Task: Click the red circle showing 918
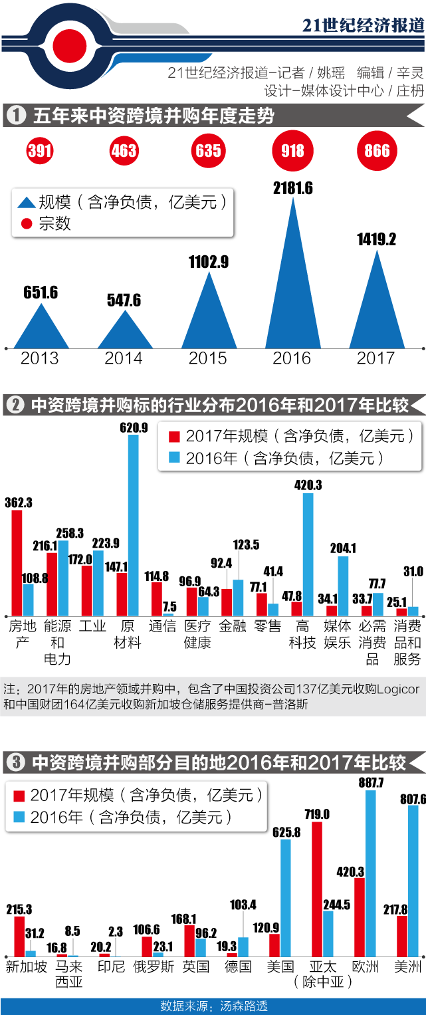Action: pyautogui.click(x=292, y=151)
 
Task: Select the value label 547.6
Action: pyautogui.click(x=124, y=300)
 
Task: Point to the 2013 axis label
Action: pyautogui.click(x=40, y=358)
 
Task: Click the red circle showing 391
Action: pyautogui.click(x=40, y=151)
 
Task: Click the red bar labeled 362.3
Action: pyautogui.click(x=17, y=562)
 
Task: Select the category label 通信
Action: pyautogui.click(x=162, y=626)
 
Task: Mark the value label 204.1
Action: pyautogui.click(x=343, y=548)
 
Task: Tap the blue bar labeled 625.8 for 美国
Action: pyautogui.click(x=286, y=897)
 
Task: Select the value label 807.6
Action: pyautogui.click(x=413, y=800)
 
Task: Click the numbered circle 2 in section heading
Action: pyautogui.click(x=15, y=405)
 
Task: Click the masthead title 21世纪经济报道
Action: pyautogui.click(x=363, y=25)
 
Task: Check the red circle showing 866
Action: pyautogui.click(x=377, y=151)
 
